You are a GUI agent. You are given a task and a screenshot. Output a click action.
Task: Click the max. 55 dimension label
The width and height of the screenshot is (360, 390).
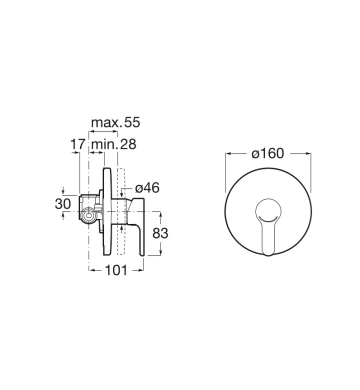(115, 122)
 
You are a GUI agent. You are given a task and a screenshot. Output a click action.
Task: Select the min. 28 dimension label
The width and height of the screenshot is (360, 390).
(114, 144)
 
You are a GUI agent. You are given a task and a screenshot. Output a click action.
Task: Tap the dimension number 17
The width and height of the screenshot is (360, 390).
(78, 144)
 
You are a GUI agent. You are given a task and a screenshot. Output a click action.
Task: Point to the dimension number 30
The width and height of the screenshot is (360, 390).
(63, 204)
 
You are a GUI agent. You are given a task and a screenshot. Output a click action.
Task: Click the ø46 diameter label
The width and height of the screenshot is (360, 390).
(147, 188)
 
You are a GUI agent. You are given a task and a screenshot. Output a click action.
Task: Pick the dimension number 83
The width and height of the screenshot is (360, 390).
(160, 233)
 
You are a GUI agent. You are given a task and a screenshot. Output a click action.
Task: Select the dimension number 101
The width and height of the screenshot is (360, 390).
(116, 270)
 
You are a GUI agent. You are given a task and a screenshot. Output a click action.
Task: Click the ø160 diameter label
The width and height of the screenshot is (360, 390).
(267, 153)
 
